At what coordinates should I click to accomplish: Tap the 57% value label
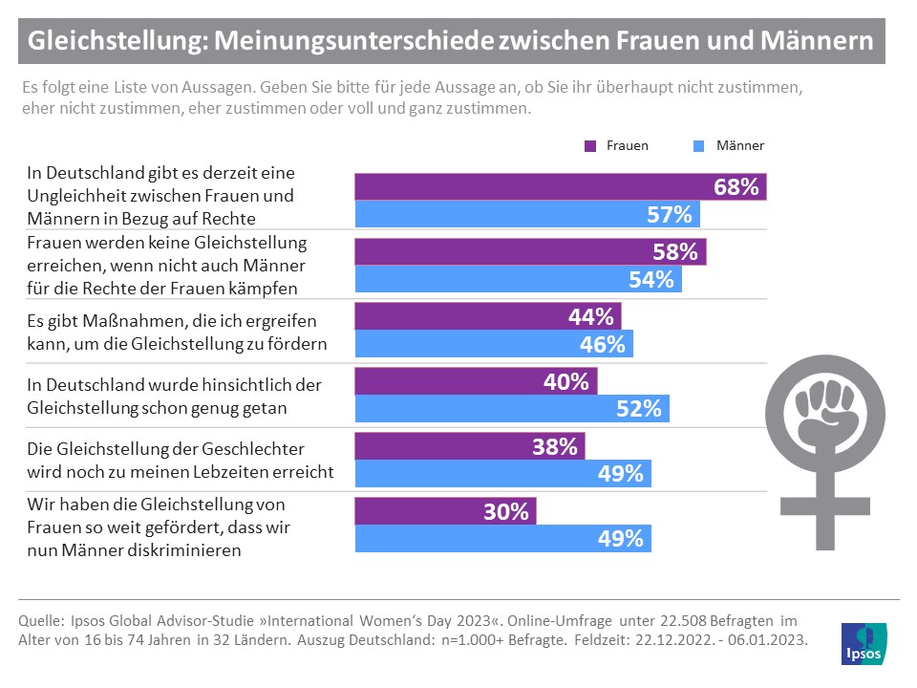669,215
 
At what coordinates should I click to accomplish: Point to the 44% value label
591,317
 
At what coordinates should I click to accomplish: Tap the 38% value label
555,446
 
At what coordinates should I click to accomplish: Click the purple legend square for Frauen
589,146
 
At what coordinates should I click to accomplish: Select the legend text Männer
739,146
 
